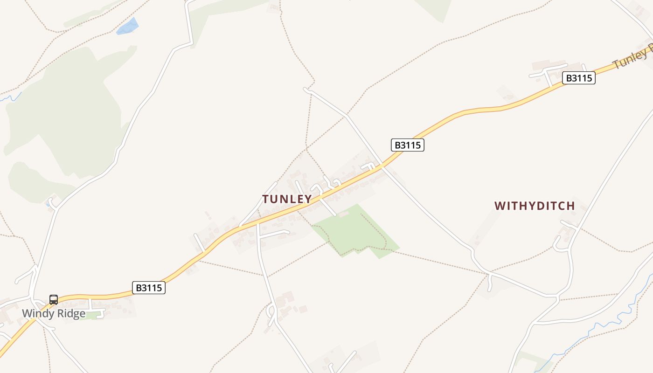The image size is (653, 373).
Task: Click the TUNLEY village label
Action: (x=287, y=199)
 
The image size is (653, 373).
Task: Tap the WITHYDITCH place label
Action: (x=535, y=206)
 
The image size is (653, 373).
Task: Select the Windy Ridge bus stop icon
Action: (x=54, y=300)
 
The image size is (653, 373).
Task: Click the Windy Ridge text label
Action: (x=54, y=313)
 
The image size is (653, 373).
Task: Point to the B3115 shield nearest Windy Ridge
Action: (x=149, y=288)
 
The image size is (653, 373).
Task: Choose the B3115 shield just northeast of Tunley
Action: (x=408, y=145)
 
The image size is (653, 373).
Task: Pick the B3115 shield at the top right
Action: (x=579, y=78)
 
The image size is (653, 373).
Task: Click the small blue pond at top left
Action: (x=128, y=27)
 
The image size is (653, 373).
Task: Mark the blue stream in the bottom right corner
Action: (x=606, y=324)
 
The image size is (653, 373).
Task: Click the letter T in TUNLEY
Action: (x=266, y=199)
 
